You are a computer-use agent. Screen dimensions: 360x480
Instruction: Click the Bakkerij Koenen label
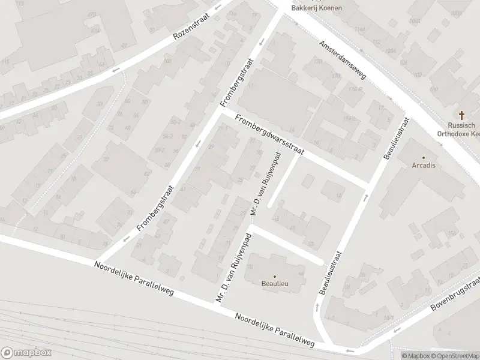pos(316,8)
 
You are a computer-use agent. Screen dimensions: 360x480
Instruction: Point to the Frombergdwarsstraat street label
pos(270,136)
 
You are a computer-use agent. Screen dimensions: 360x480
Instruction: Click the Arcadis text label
pos(424,165)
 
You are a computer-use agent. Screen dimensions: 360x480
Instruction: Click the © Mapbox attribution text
pos(416,356)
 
